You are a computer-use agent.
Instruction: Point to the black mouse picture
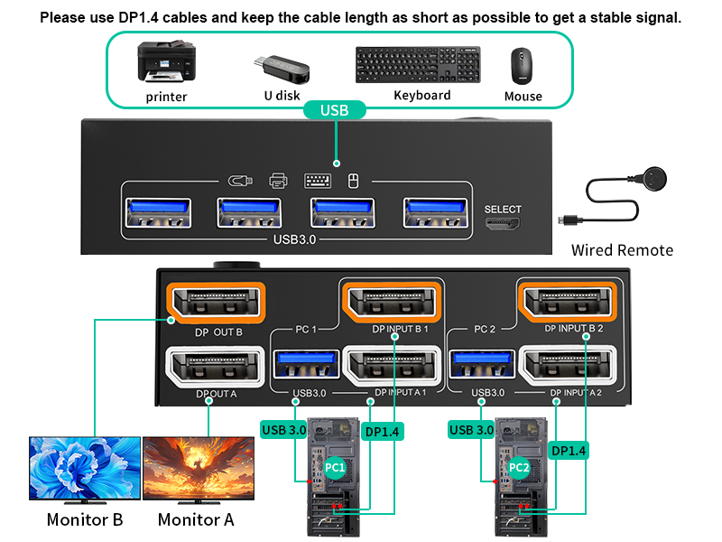coord(522,66)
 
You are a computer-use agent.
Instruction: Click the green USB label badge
coord(334,110)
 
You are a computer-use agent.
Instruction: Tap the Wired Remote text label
coord(622,250)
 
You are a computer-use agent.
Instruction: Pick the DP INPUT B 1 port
coord(393,302)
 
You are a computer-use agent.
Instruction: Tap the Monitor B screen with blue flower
coord(84,469)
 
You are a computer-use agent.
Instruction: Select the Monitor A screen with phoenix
coord(197,469)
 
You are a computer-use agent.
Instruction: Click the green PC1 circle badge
coord(336,468)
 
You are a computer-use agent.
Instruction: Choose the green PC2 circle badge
coord(519,468)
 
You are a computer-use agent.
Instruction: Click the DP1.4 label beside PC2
coord(569,450)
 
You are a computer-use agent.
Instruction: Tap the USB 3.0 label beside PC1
coord(283,430)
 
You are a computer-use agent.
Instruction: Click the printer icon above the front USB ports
coord(278,180)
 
